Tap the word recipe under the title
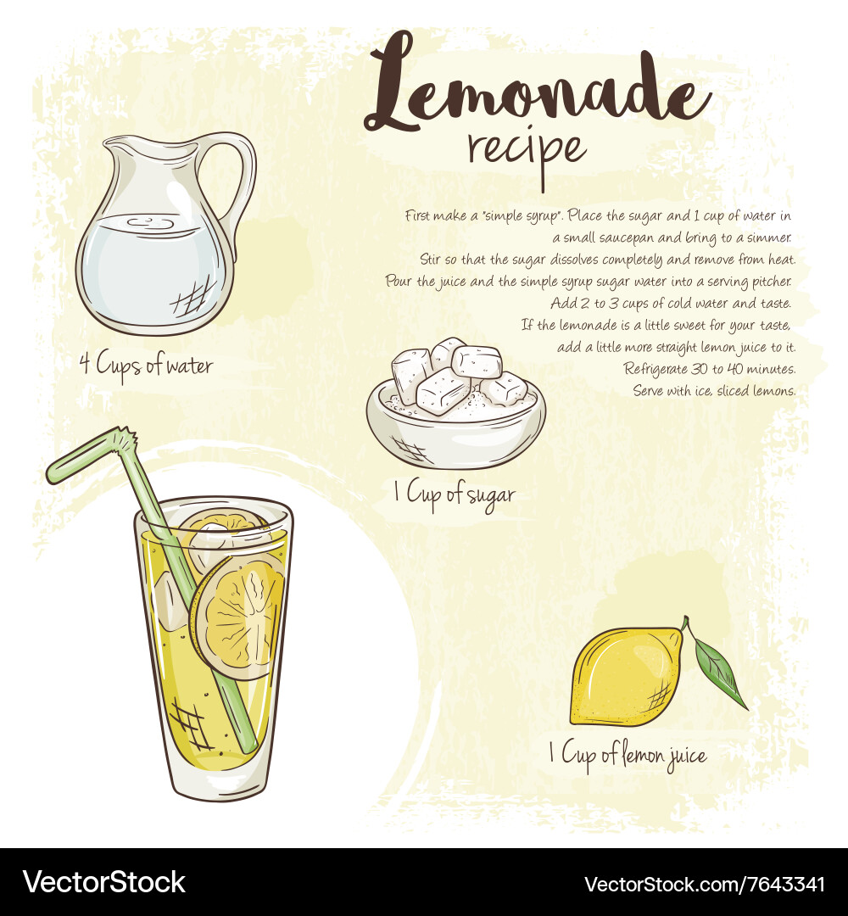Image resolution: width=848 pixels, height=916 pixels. pyautogui.click(x=527, y=153)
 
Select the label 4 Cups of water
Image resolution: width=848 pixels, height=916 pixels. pyautogui.click(x=146, y=366)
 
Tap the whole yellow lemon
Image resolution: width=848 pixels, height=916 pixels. pyautogui.click(x=626, y=677)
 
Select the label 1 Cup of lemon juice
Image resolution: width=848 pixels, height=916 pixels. pyautogui.click(x=628, y=756)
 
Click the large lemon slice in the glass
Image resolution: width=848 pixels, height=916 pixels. pyautogui.click(x=238, y=617)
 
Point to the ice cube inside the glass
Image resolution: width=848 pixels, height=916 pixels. pyautogui.click(x=171, y=599)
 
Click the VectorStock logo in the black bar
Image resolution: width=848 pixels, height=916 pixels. pyautogui.click(x=104, y=882)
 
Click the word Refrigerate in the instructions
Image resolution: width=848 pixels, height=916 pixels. pyautogui.click(x=656, y=369)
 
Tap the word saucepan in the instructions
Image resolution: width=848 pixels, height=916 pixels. pyautogui.click(x=626, y=238)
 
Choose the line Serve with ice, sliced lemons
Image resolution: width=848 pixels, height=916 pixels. pyautogui.click(x=714, y=391)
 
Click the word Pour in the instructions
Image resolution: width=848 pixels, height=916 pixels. pyautogui.click(x=399, y=281)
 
